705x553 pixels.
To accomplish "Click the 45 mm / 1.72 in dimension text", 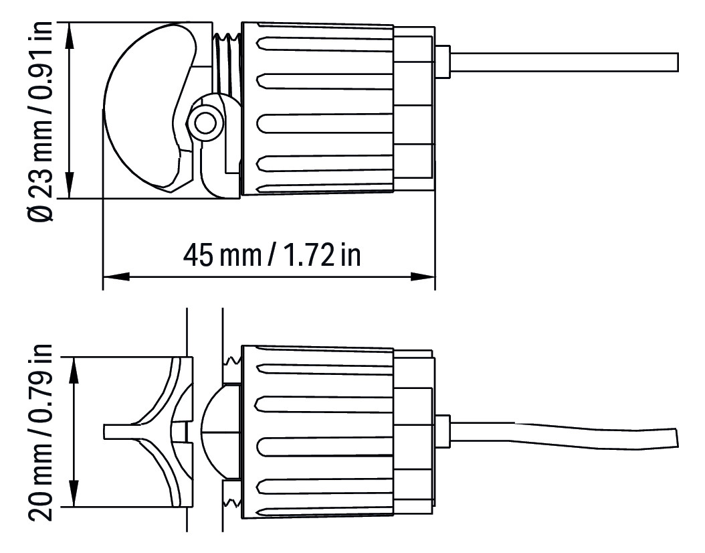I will click(x=271, y=254).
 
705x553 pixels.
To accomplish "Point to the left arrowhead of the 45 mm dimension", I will click(x=114, y=276).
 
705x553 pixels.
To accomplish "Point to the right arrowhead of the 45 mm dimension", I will click(x=422, y=276).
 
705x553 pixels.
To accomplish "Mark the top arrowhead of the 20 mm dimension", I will click(x=76, y=369).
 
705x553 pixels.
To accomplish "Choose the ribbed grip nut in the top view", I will click(x=318, y=110).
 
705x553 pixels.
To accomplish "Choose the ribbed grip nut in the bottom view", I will click(x=318, y=432).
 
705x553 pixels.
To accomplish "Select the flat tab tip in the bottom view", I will click(x=110, y=432).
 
